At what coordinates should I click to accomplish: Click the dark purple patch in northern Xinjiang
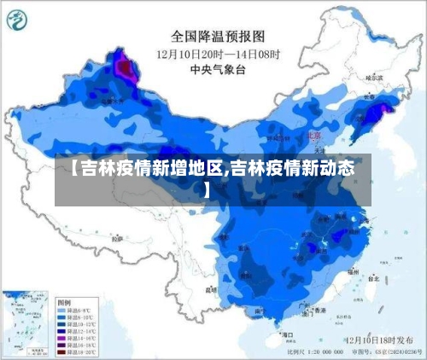point(126,64)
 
